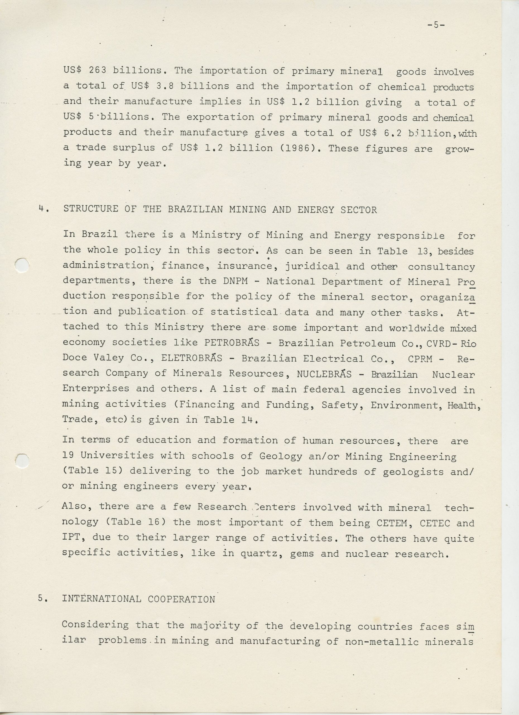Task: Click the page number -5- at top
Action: (x=436, y=25)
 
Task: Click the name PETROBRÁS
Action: (x=232, y=343)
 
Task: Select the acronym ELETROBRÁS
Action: (x=191, y=358)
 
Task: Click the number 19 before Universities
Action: (x=68, y=455)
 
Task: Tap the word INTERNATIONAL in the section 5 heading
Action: (x=101, y=599)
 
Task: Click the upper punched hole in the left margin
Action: (x=22, y=264)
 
